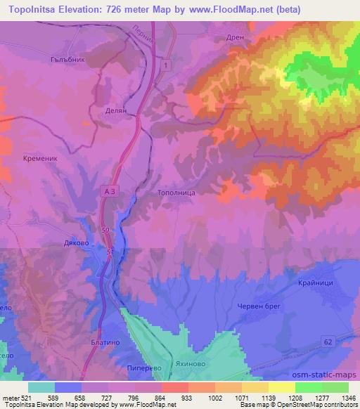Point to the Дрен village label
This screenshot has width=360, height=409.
(235, 39)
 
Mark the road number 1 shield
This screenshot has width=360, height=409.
(165, 65)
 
